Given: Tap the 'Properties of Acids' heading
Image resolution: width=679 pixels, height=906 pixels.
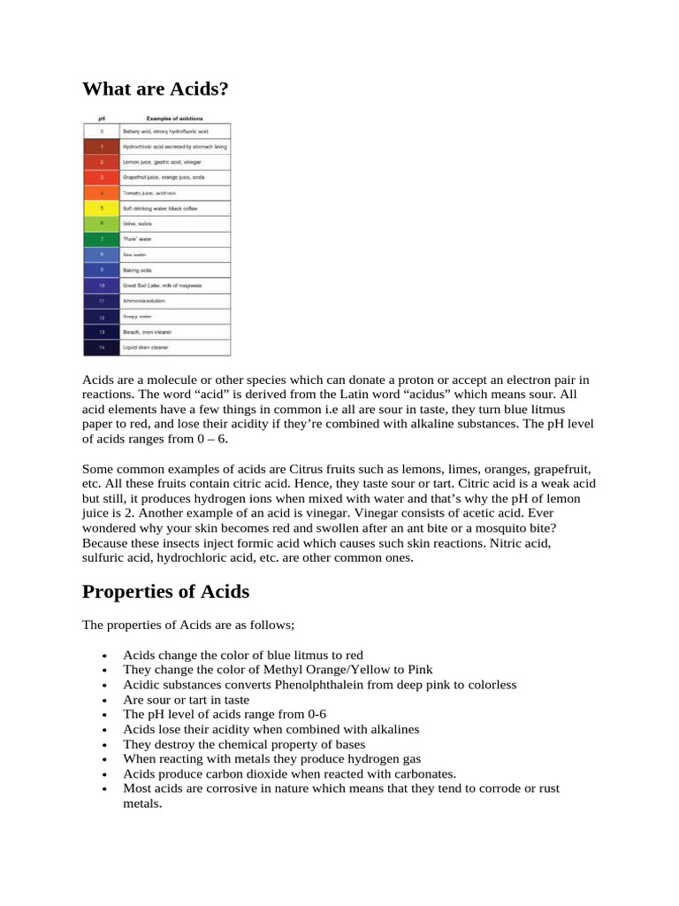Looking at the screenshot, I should tap(165, 591).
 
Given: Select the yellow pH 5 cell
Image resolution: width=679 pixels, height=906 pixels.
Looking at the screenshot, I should tap(102, 209).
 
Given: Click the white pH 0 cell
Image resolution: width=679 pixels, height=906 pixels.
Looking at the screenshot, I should tap(102, 130).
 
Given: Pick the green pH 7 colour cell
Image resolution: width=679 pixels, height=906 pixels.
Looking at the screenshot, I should tap(102, 239).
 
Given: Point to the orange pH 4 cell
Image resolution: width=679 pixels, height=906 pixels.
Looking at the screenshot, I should tap(102, 193).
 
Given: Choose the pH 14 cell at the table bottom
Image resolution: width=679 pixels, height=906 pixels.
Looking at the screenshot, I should tap(102, 348).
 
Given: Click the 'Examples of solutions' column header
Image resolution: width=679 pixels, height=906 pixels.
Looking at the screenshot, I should tap(174, 118).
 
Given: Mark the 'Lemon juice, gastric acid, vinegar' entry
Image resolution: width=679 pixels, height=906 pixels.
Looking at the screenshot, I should tap(161, 163).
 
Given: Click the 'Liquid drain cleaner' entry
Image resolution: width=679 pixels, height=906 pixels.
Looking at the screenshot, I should tap(146, 348).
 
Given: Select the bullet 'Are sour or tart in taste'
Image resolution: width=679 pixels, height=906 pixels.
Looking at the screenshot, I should tap(186, 699).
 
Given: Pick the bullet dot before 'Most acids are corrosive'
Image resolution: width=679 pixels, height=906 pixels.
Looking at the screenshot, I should tap(104, 789).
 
